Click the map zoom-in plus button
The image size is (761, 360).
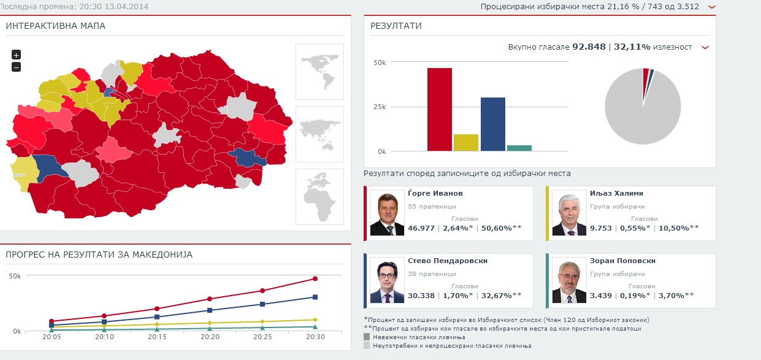(x=16, y=55)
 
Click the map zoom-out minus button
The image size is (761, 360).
(x=16, y=67)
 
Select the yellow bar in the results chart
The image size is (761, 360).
(x=465, y=142)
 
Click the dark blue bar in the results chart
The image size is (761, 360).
(x=492, y=124)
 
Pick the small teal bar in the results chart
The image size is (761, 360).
(x=519, y=148)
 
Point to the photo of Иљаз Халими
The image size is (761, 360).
(x=568, y=213)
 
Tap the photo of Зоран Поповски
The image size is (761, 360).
(x=568, y=281)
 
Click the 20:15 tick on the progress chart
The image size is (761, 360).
(x=157, y=337)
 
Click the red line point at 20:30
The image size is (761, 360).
(x=315, y=278)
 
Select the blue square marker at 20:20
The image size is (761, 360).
(x=210, y=310)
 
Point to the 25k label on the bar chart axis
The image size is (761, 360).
(x=380, y=107)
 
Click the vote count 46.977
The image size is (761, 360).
(x=421, y=228)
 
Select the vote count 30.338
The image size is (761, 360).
(x=421, y=296)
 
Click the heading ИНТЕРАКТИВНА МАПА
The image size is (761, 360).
(x=55, y=26)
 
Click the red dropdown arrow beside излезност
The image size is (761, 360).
(x=705, y=47)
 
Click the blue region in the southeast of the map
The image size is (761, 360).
(x=247, y=158)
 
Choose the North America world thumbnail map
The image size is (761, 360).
(x=319, y=71)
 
